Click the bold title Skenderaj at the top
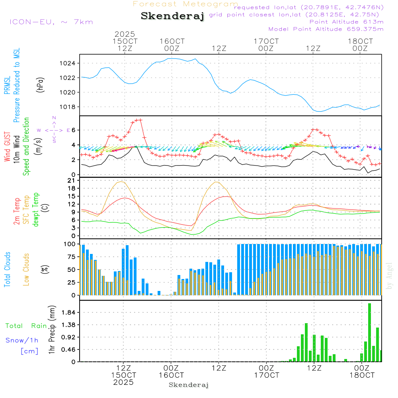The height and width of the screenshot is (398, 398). [172, 16]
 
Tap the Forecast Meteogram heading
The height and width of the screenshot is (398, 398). [185, 4]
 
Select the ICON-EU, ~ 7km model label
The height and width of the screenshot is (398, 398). [51, 21]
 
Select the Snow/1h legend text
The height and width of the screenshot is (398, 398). [22, 340]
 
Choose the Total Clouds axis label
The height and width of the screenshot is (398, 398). [7, 269]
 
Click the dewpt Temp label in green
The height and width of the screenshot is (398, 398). [36, 210]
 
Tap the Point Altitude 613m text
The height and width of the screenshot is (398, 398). [346, 21]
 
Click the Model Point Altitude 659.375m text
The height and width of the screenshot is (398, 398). [326, 29]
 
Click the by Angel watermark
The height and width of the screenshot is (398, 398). [390, 276]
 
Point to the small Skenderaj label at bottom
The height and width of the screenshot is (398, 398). [189, 385]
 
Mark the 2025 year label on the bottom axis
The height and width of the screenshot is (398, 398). [123, 382]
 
